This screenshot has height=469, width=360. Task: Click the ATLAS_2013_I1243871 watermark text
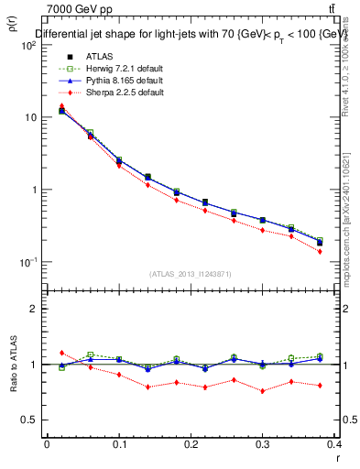[191, 274]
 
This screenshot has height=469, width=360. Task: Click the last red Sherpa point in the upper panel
[345, 251]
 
